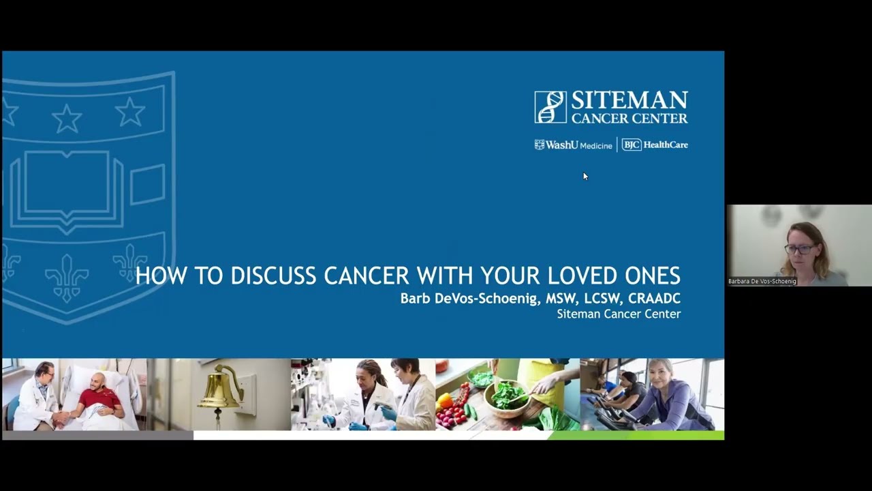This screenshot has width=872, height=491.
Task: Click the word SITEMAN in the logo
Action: click(629, 101)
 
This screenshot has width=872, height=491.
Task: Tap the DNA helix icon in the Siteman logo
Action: click(550, 107)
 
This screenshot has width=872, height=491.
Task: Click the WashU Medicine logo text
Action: click(574, 145)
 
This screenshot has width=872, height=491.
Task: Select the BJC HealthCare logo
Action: click(655, 145)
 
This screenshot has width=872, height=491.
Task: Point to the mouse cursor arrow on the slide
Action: click(585, 177)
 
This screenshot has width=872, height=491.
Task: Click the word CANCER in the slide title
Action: click(367, 276)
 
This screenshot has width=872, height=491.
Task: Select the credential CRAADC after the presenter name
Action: click(654, 299)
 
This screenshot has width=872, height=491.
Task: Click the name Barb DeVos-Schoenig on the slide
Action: click(469, 299)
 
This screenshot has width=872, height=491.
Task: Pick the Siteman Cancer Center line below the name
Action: click(618, 314)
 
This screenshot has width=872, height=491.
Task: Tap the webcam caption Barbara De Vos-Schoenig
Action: click(762, 281)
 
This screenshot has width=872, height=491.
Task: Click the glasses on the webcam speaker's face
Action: click(799, 250)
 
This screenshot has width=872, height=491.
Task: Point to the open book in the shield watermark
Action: click(67, 184)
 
